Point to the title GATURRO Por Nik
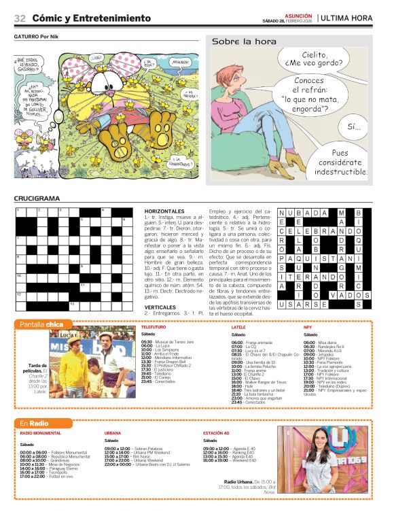tap(41, 36)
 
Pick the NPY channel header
tap(308, 328)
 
